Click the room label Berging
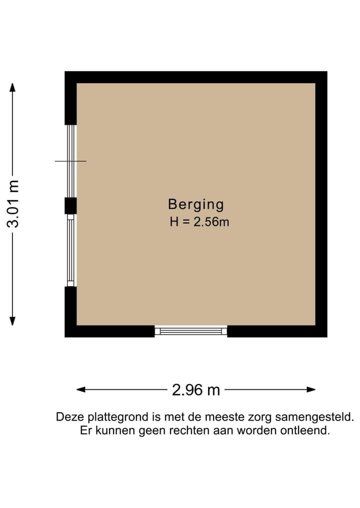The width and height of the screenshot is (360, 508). coord(195,204)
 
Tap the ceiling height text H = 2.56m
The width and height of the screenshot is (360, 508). coord(199,222)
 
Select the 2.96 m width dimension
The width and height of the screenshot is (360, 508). coord(195,390)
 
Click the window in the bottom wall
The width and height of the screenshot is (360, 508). coord(190,331)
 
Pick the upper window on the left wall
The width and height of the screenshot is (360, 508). coord(71,161)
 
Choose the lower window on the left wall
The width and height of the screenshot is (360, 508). coord(71,250)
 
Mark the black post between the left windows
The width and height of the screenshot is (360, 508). coord(70,205)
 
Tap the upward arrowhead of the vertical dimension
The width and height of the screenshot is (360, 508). coord(13,88)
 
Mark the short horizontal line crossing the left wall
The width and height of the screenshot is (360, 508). coord(70,161)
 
